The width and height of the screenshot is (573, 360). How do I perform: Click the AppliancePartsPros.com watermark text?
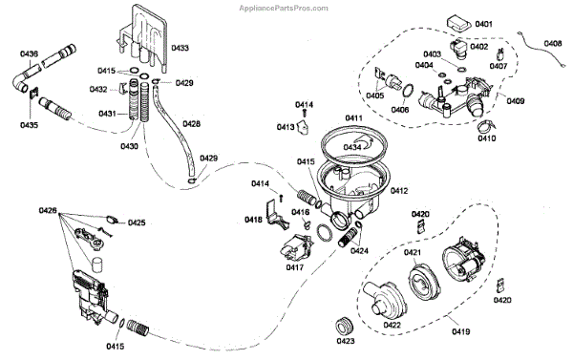pos(284,8)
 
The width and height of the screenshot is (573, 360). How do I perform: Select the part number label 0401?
pos(484,24)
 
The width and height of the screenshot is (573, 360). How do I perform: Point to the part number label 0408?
pos(553,44)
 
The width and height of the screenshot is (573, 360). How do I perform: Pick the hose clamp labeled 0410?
pos(485,126)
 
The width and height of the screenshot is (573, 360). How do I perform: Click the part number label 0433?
pos(180,48)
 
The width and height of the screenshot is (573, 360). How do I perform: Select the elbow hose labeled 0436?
pos(21,81)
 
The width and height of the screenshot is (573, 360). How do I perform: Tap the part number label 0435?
pos(29,125)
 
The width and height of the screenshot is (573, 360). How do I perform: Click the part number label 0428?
pos(192,124)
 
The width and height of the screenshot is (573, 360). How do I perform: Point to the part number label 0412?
pos(399,191)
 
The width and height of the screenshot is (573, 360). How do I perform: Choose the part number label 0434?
pos(352,147)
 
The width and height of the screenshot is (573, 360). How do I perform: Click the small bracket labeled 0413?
pos(303,128)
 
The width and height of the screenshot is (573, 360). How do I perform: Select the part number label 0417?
pos(295,267)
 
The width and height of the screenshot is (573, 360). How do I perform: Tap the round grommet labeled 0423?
pos(345,326)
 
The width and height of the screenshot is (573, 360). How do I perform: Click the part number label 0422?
pos(393,325)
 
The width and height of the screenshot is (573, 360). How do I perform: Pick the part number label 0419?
pos(461,332)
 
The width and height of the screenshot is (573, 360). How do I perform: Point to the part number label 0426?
pos(48,210)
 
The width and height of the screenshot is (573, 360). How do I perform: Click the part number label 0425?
pos(137,222)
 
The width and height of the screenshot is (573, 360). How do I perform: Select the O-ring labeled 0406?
pos(408,91)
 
